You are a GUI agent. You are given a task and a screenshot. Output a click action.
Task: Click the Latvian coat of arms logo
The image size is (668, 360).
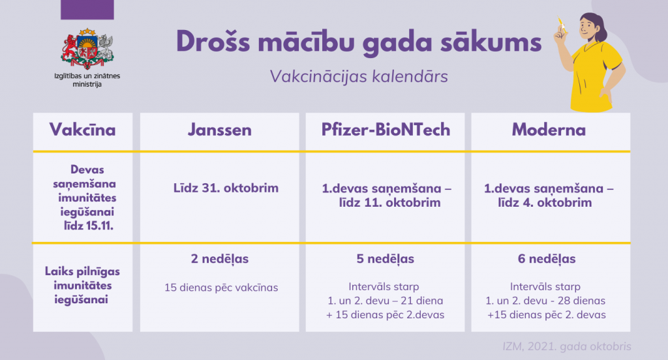pyautogui.click(x=87, y=49)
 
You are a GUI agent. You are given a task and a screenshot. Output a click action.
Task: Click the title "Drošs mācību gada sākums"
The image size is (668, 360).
pyautogui.click(x=359, y=42)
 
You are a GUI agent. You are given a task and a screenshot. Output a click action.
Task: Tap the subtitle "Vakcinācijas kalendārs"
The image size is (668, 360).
pyautogui.click(x=359, y=77)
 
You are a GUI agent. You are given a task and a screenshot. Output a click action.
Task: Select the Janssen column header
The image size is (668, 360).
pyautogui.click(x=220, y=130)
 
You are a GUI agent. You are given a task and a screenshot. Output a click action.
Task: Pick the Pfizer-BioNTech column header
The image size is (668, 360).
pyautogui.click(x=386, y=130)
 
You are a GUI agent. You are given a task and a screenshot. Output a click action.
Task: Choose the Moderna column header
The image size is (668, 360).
pyautogui.click(x=549, y=130)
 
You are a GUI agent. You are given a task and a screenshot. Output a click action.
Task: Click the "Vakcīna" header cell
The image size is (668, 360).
pyautogui.click(x=83, y=130)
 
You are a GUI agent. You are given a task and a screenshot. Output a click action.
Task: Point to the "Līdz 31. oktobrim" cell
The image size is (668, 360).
pyautogui.click(x=226, y=188)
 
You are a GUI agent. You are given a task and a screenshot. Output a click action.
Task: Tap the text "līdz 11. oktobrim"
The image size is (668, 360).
pyautogui.click(x=389, y=202)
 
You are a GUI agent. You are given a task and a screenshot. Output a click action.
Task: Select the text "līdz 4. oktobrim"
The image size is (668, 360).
pyautogui.click(x=545, y=202)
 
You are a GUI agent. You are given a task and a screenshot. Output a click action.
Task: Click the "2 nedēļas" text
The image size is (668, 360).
pyautogui.click(x=220, y=259)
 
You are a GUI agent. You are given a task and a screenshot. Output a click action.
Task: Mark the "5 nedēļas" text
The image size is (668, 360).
pyautogui.click(x=385, y=259)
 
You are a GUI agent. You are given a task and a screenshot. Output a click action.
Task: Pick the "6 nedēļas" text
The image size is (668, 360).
pyautogui.click(x=547, y=259)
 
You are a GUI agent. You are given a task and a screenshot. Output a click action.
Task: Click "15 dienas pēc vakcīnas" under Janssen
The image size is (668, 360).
pyautogui.click(x=221, y=288)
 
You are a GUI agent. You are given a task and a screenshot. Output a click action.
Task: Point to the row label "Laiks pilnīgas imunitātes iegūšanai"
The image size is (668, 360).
pyautogui.click(x=83, y=286)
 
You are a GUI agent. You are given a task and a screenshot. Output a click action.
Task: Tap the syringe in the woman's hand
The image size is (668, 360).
pyautogui.click(x=562, y=25)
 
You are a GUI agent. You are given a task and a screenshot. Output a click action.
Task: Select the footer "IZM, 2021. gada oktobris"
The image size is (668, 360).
pyautogui.click(x=567, y=346)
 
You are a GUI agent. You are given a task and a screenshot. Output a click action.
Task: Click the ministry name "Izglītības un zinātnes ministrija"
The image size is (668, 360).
pyautogui.click(x=87, y=80)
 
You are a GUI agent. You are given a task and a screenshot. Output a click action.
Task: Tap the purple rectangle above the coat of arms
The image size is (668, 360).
pyautogui.click(x=87, y=10)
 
